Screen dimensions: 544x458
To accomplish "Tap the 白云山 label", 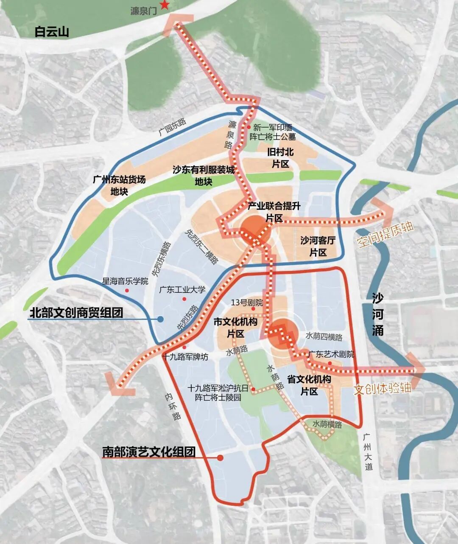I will (x=52, y=32).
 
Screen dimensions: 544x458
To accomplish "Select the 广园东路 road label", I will (x=173, y=126).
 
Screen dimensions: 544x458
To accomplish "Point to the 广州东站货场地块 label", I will (x=119, y=185).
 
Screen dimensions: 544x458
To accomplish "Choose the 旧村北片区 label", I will (x=280, y=158).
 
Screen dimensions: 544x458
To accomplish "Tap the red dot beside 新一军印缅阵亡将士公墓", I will (x=249, y=127).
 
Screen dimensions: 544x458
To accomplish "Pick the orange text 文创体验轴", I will (x=383, y=388).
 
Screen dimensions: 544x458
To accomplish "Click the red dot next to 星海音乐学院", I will (x=127, y=290).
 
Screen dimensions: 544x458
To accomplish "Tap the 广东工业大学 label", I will (x=182, y=290).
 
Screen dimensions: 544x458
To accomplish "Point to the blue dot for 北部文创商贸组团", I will (x=160, y=320).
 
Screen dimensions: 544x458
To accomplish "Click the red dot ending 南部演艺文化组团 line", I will (x=220, y=458).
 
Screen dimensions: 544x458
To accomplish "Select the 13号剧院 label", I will (x=247, y=303).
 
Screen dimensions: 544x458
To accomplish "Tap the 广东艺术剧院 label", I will (x=331, y=354).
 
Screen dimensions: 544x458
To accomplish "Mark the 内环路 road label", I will (x=173, y=406).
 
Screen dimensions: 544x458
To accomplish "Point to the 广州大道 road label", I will (x=368, y=452).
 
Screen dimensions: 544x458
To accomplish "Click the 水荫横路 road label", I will (x=327, y=424).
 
